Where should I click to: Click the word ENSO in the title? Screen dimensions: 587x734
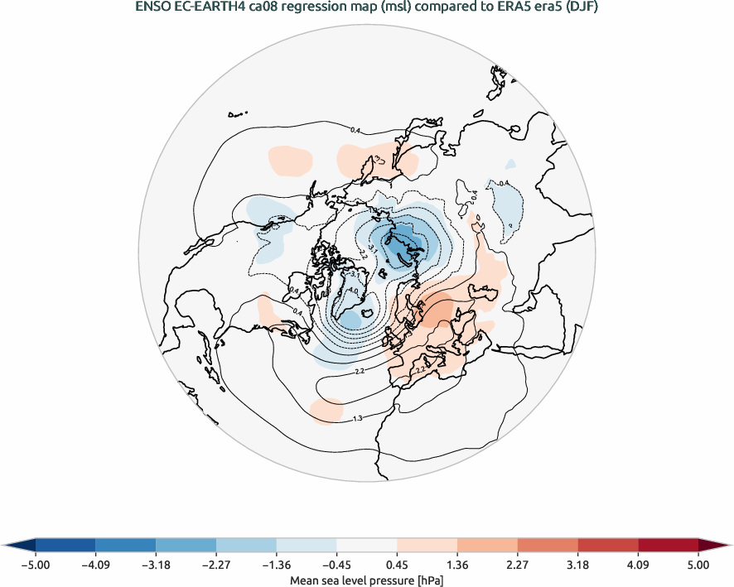point(152,8)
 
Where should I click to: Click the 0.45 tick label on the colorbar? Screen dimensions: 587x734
point(397,565)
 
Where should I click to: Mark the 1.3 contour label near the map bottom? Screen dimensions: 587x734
point(358,419)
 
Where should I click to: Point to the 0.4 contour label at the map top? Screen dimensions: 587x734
point(356,130)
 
